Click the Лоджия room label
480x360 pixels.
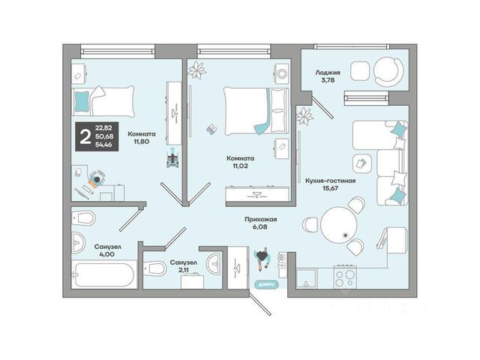click(328, 73)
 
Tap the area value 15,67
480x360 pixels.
click(330, 188)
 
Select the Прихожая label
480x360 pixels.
click(260, 220)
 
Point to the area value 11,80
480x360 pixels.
click(142, 142)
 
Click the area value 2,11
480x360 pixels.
click(183, 270)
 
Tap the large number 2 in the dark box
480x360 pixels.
click(85, 136)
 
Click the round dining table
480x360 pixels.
click(339, 225)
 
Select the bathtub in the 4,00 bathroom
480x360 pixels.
click(103, 274)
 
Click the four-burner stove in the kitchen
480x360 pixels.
click(345, 277)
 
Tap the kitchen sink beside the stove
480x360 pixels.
click(307, 278)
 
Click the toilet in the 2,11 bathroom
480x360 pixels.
click(154, 268)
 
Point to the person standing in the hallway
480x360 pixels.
click(262, 259)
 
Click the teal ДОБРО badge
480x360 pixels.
click(266, 284)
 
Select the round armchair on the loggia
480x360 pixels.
click(388, 72)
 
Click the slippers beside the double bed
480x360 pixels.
click(211, 129)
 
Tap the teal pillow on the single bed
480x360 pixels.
click(82, 102)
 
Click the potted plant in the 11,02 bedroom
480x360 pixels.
click(197, 70)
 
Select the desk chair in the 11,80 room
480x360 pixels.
click(97, 178)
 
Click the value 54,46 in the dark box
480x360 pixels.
click(103, 145)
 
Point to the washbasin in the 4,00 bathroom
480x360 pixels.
click(77, 242)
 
